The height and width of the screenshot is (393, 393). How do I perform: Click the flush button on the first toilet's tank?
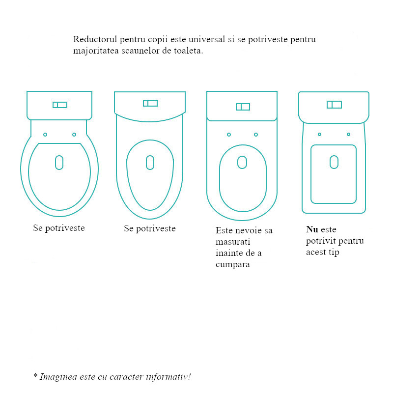pos(60,105)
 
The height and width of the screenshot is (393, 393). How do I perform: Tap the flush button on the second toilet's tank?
pos(150,103)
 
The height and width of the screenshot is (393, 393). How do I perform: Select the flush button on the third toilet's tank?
pos(243,107)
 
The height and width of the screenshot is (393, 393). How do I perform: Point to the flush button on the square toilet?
pos(335,105)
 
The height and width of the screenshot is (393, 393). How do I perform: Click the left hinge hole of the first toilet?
pos(45,135)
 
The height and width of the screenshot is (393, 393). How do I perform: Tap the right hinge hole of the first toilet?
pos(74,135)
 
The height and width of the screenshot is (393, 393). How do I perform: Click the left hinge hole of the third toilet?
pos(229,135)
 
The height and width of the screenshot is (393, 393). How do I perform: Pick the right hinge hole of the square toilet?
pos(348,134)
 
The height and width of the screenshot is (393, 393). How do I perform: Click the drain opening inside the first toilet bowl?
pos(59,163)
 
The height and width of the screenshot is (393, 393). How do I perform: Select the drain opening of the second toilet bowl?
pos(150,163)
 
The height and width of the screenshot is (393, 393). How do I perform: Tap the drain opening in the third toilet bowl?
pos(242,162)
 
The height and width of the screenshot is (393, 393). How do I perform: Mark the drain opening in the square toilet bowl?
pos(334,162)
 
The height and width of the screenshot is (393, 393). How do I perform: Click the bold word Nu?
pos(312,229)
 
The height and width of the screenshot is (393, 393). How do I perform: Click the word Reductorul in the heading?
pos(95,39)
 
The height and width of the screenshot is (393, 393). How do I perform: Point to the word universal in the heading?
pos(207,39)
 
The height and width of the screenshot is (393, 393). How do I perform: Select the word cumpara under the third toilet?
pos(233,265)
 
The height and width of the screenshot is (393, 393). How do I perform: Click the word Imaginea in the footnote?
pos(58,377)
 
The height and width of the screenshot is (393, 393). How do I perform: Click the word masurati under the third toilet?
pos(233,242)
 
